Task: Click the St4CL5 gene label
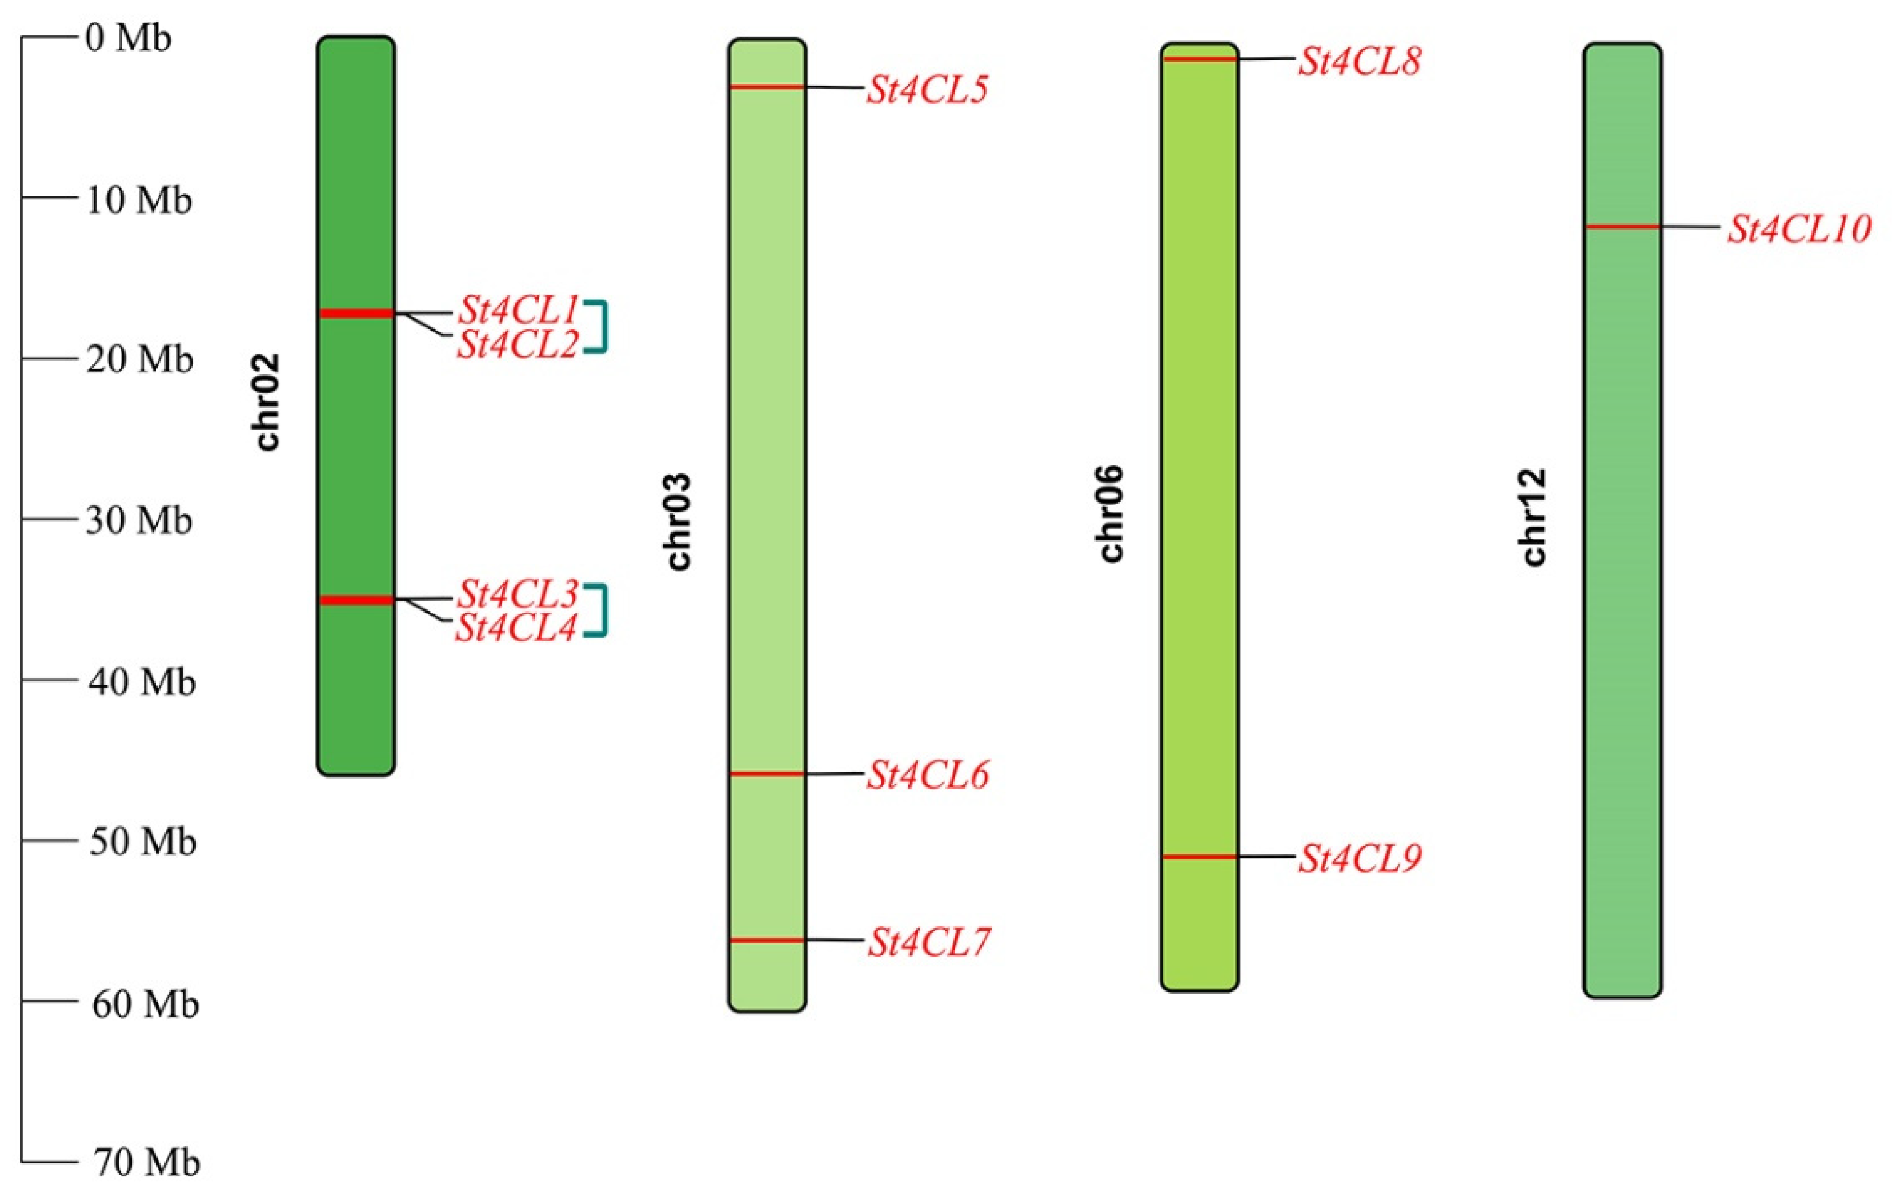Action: click(927, 90)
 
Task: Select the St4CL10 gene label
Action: click(1798, 230)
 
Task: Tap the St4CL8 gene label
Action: click(1359, 62)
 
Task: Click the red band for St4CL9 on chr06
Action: click(1200, 856)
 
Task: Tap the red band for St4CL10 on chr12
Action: click(1622, 227)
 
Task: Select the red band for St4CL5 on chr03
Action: click(767, 86)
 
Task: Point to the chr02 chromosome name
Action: click(268, 403)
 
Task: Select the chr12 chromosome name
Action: click(1533, 517)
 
